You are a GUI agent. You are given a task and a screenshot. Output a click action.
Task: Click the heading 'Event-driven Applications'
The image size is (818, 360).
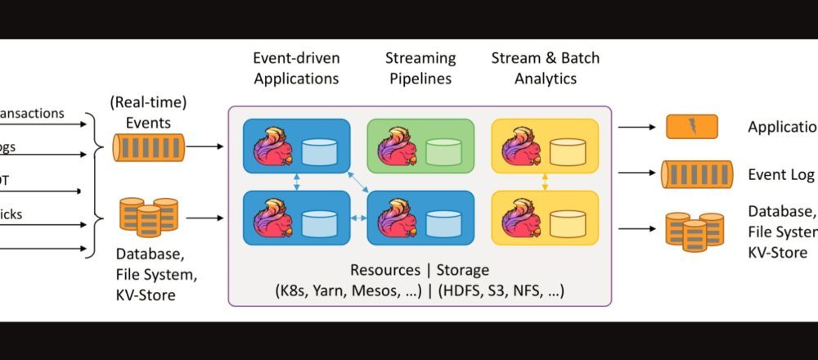[x=296, y=69]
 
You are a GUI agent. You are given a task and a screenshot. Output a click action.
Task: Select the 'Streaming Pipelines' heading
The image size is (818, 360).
[x=420, y=69]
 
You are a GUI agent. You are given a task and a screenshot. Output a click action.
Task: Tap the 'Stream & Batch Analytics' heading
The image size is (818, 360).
[x=545, y=69]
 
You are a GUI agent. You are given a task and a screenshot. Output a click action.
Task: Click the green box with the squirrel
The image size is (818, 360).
[x=420, y=146]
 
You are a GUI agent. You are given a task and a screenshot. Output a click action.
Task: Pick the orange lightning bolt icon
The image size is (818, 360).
[x=691, y=127]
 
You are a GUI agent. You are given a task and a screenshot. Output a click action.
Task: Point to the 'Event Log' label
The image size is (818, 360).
[x=781, y=174]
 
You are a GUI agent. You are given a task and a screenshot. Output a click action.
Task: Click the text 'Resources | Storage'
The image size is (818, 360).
[x=420, y=270]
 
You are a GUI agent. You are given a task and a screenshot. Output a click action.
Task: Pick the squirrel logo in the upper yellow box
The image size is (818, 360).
[x=519, y=147]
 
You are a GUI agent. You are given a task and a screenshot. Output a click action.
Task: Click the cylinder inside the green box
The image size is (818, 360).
[x=443, y=151]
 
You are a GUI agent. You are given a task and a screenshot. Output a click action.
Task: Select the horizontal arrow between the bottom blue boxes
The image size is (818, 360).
[x=358, y=218]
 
